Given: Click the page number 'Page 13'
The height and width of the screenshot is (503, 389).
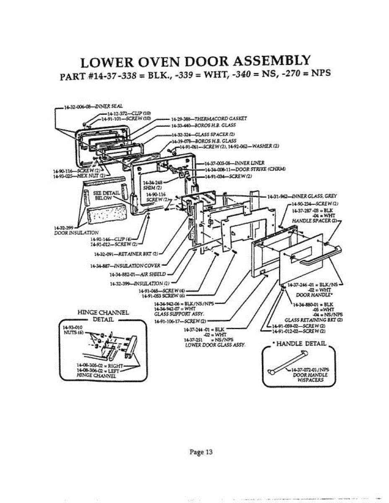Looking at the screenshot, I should (201, 452).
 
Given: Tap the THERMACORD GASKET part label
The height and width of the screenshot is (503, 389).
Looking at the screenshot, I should (203, 119).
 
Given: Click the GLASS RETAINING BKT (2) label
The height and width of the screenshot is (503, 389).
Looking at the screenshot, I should (313, 319).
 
